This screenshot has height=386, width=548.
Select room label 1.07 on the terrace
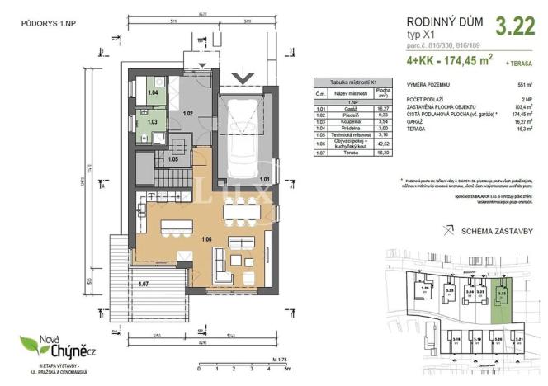[x=144, y=285]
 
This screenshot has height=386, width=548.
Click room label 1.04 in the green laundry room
[x=153, y=93]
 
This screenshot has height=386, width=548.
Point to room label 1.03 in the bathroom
[x=153, y=121]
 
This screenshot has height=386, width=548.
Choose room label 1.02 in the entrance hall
[x=188, y=113]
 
